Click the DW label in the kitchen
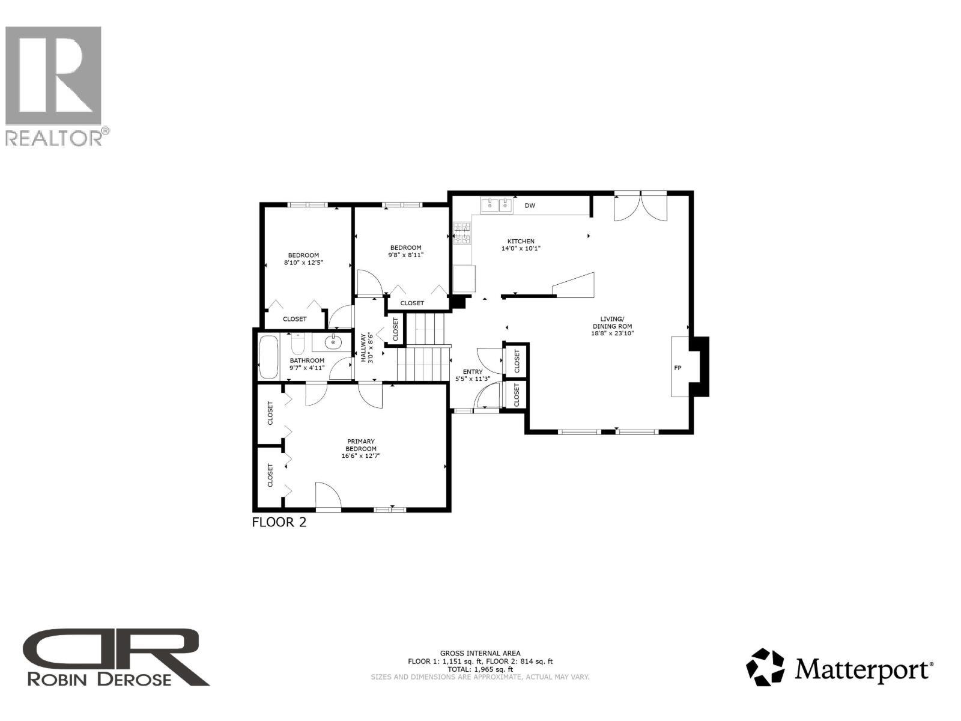(530, 205)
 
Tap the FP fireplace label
(678, 368)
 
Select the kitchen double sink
(497, 206)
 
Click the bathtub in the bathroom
(268, 357)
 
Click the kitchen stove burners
(462, 233)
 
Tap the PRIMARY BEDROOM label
(361, 445)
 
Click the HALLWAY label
(363, 348)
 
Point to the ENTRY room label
(473, 372)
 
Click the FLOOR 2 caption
(279, 522)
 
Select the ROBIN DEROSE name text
(100, 679)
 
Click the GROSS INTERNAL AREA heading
(480, 653)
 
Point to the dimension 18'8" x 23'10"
(613, 333)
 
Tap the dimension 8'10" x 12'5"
(303, 262)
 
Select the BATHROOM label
(307, 360)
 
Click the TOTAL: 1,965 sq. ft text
(480, 669)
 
